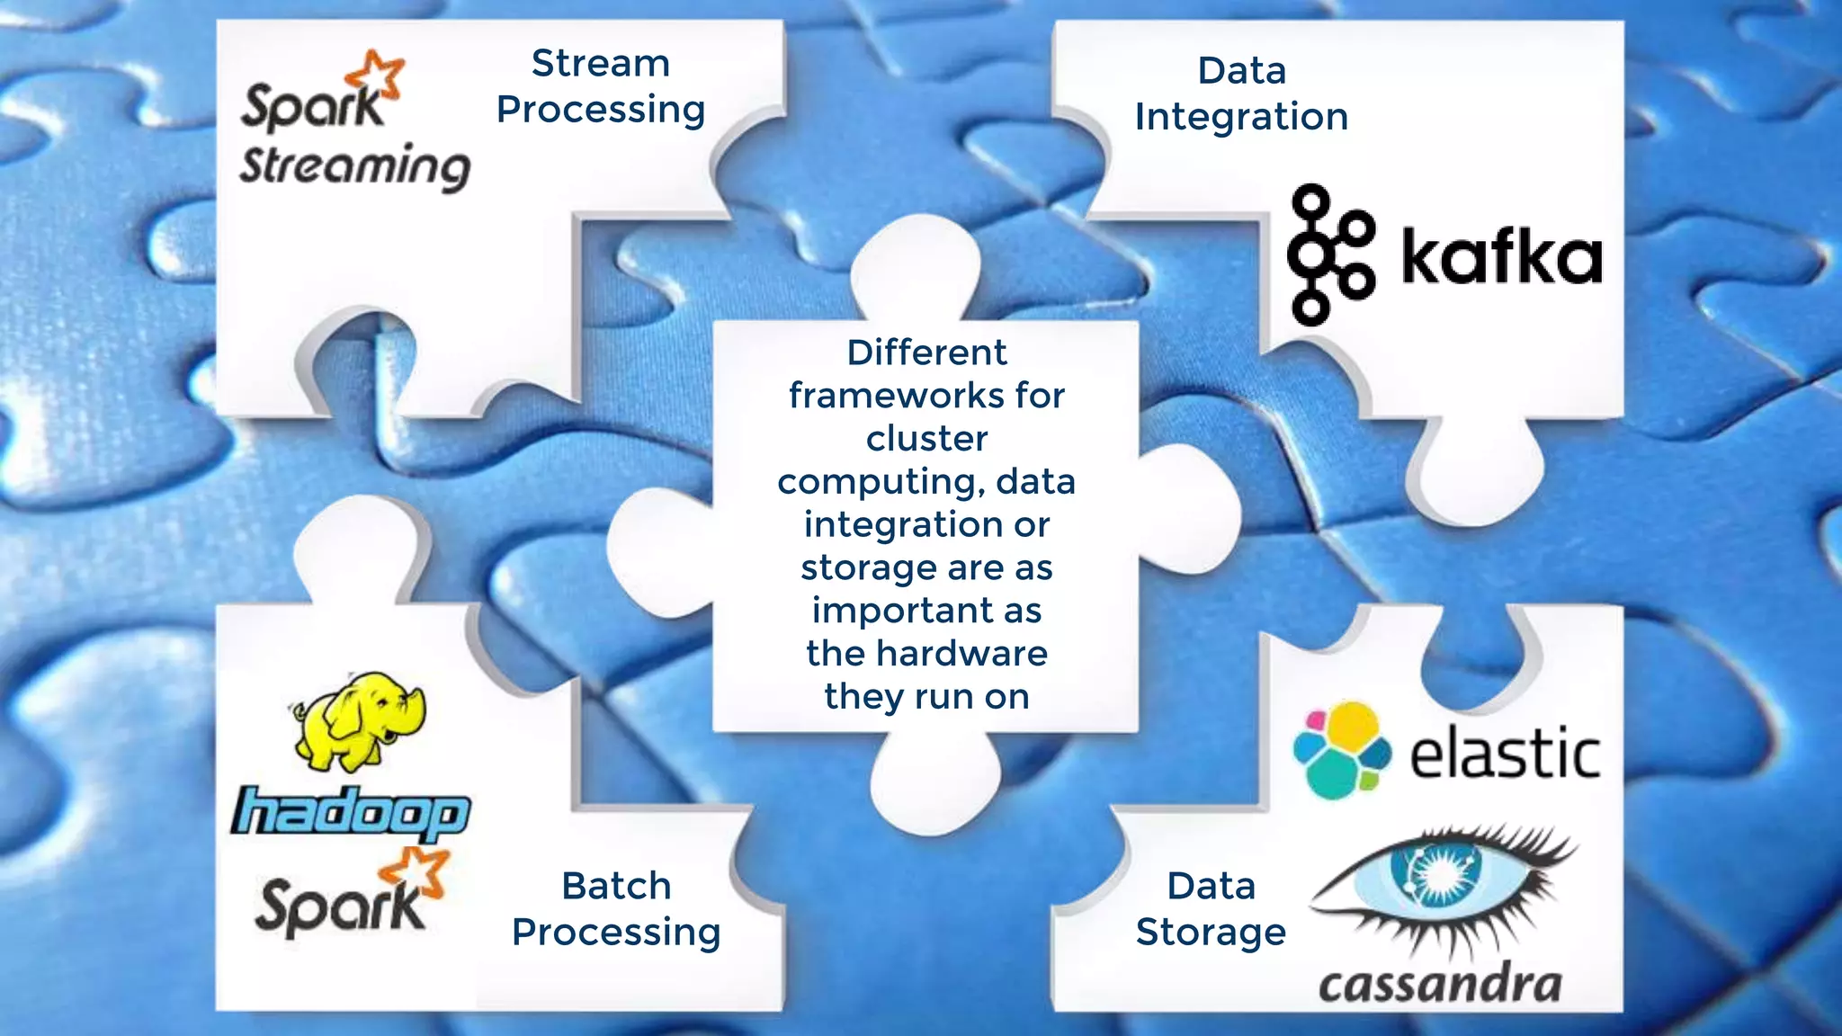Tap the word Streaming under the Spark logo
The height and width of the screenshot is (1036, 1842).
[x=354, y=167]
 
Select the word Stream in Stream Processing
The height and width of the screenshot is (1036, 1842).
[x=601, y=64]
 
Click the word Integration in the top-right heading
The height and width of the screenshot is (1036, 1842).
[x=1241, y=118]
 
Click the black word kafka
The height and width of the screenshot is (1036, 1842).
[x=1501, y=257]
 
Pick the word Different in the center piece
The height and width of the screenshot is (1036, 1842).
[x=926, y=353]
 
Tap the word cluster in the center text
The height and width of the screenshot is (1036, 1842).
[x=926, y=439]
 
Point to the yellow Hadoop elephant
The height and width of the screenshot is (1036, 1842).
[x=360, y=720]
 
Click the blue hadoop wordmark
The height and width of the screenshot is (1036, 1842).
[x=351, y=813]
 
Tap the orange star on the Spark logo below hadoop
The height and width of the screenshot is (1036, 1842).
[x=416, y=871]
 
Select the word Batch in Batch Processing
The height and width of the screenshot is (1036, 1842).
[x=616, y=886]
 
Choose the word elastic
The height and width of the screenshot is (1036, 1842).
[x=1505, y=754]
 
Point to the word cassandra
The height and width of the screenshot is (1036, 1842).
[x=1440, y=986]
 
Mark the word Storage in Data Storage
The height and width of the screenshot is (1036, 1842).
[x=1211, y=933]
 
